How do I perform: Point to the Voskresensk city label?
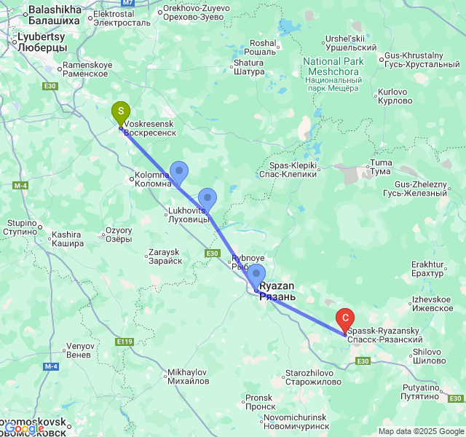150,129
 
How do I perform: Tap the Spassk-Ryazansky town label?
384,335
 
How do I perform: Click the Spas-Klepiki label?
288,170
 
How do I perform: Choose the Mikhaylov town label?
188,377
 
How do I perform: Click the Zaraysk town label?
164,256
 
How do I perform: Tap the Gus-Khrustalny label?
414,60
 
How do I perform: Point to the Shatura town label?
248,67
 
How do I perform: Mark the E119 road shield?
124,341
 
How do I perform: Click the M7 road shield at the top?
128,4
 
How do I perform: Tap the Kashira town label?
66,239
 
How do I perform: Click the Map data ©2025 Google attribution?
421,431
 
